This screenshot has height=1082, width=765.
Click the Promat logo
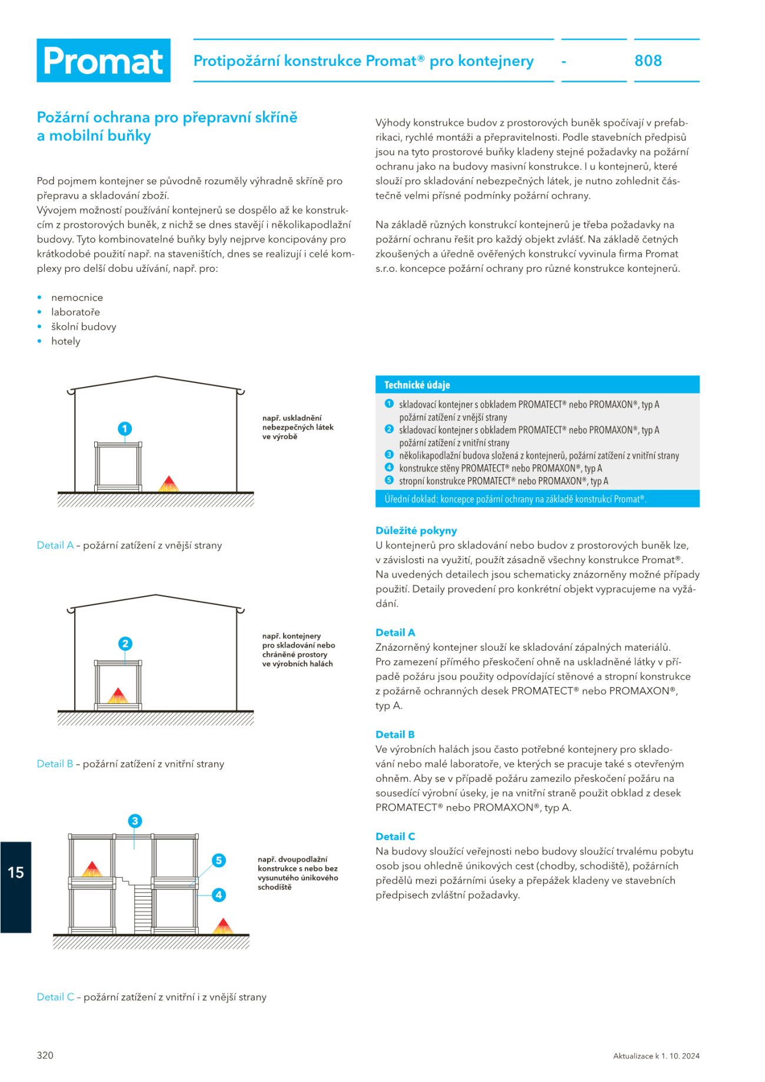tap(104, 61)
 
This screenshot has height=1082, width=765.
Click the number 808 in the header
tap(648, 61)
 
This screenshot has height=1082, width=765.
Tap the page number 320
tap(45, 1055)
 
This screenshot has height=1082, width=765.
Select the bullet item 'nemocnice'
tap(77, 298)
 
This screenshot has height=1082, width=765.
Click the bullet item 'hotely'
tap(65, 341)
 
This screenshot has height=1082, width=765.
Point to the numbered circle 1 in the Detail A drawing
tap(125, 428)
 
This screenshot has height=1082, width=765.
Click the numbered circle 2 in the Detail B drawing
tap(125, 644)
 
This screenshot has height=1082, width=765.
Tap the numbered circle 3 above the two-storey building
tap(135, 821)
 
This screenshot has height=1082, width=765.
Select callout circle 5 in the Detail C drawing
tap(219, 860)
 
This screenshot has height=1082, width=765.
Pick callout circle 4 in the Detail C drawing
tap(219, 895)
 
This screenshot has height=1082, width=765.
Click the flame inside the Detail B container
tap(118, 695)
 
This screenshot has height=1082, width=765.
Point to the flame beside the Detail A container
tap(168, 484)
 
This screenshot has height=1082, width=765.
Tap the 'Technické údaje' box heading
tap(417, 385)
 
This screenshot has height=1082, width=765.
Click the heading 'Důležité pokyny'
tap(416, 531)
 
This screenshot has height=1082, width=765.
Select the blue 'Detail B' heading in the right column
tap(395, 734)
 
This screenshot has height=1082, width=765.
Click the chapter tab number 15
tap(15, 872)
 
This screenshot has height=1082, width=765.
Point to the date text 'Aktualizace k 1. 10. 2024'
tap(656, 1056)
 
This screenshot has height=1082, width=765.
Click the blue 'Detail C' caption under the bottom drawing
tap(55, 997)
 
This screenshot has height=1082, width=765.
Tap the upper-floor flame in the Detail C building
tap(92, 869)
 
